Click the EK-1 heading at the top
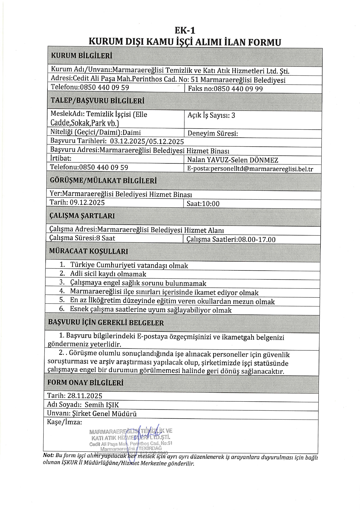(185, 31)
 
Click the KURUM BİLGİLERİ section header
(81, 56)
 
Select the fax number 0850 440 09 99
(238, 89)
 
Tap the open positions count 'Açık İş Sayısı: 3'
(211, 115)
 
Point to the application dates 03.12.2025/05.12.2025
(147, 141)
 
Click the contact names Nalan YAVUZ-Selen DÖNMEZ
(232, 160)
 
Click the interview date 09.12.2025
(87, 203)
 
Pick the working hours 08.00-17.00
(257, 240)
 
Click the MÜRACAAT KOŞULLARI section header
(89, 251)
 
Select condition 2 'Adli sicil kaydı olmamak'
(108, 274)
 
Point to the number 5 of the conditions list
(62, 300)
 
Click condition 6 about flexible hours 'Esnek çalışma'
(150, 310)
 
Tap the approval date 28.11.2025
(85, 396)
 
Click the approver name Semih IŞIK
(102, 405)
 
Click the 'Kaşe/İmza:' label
(64, 422)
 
